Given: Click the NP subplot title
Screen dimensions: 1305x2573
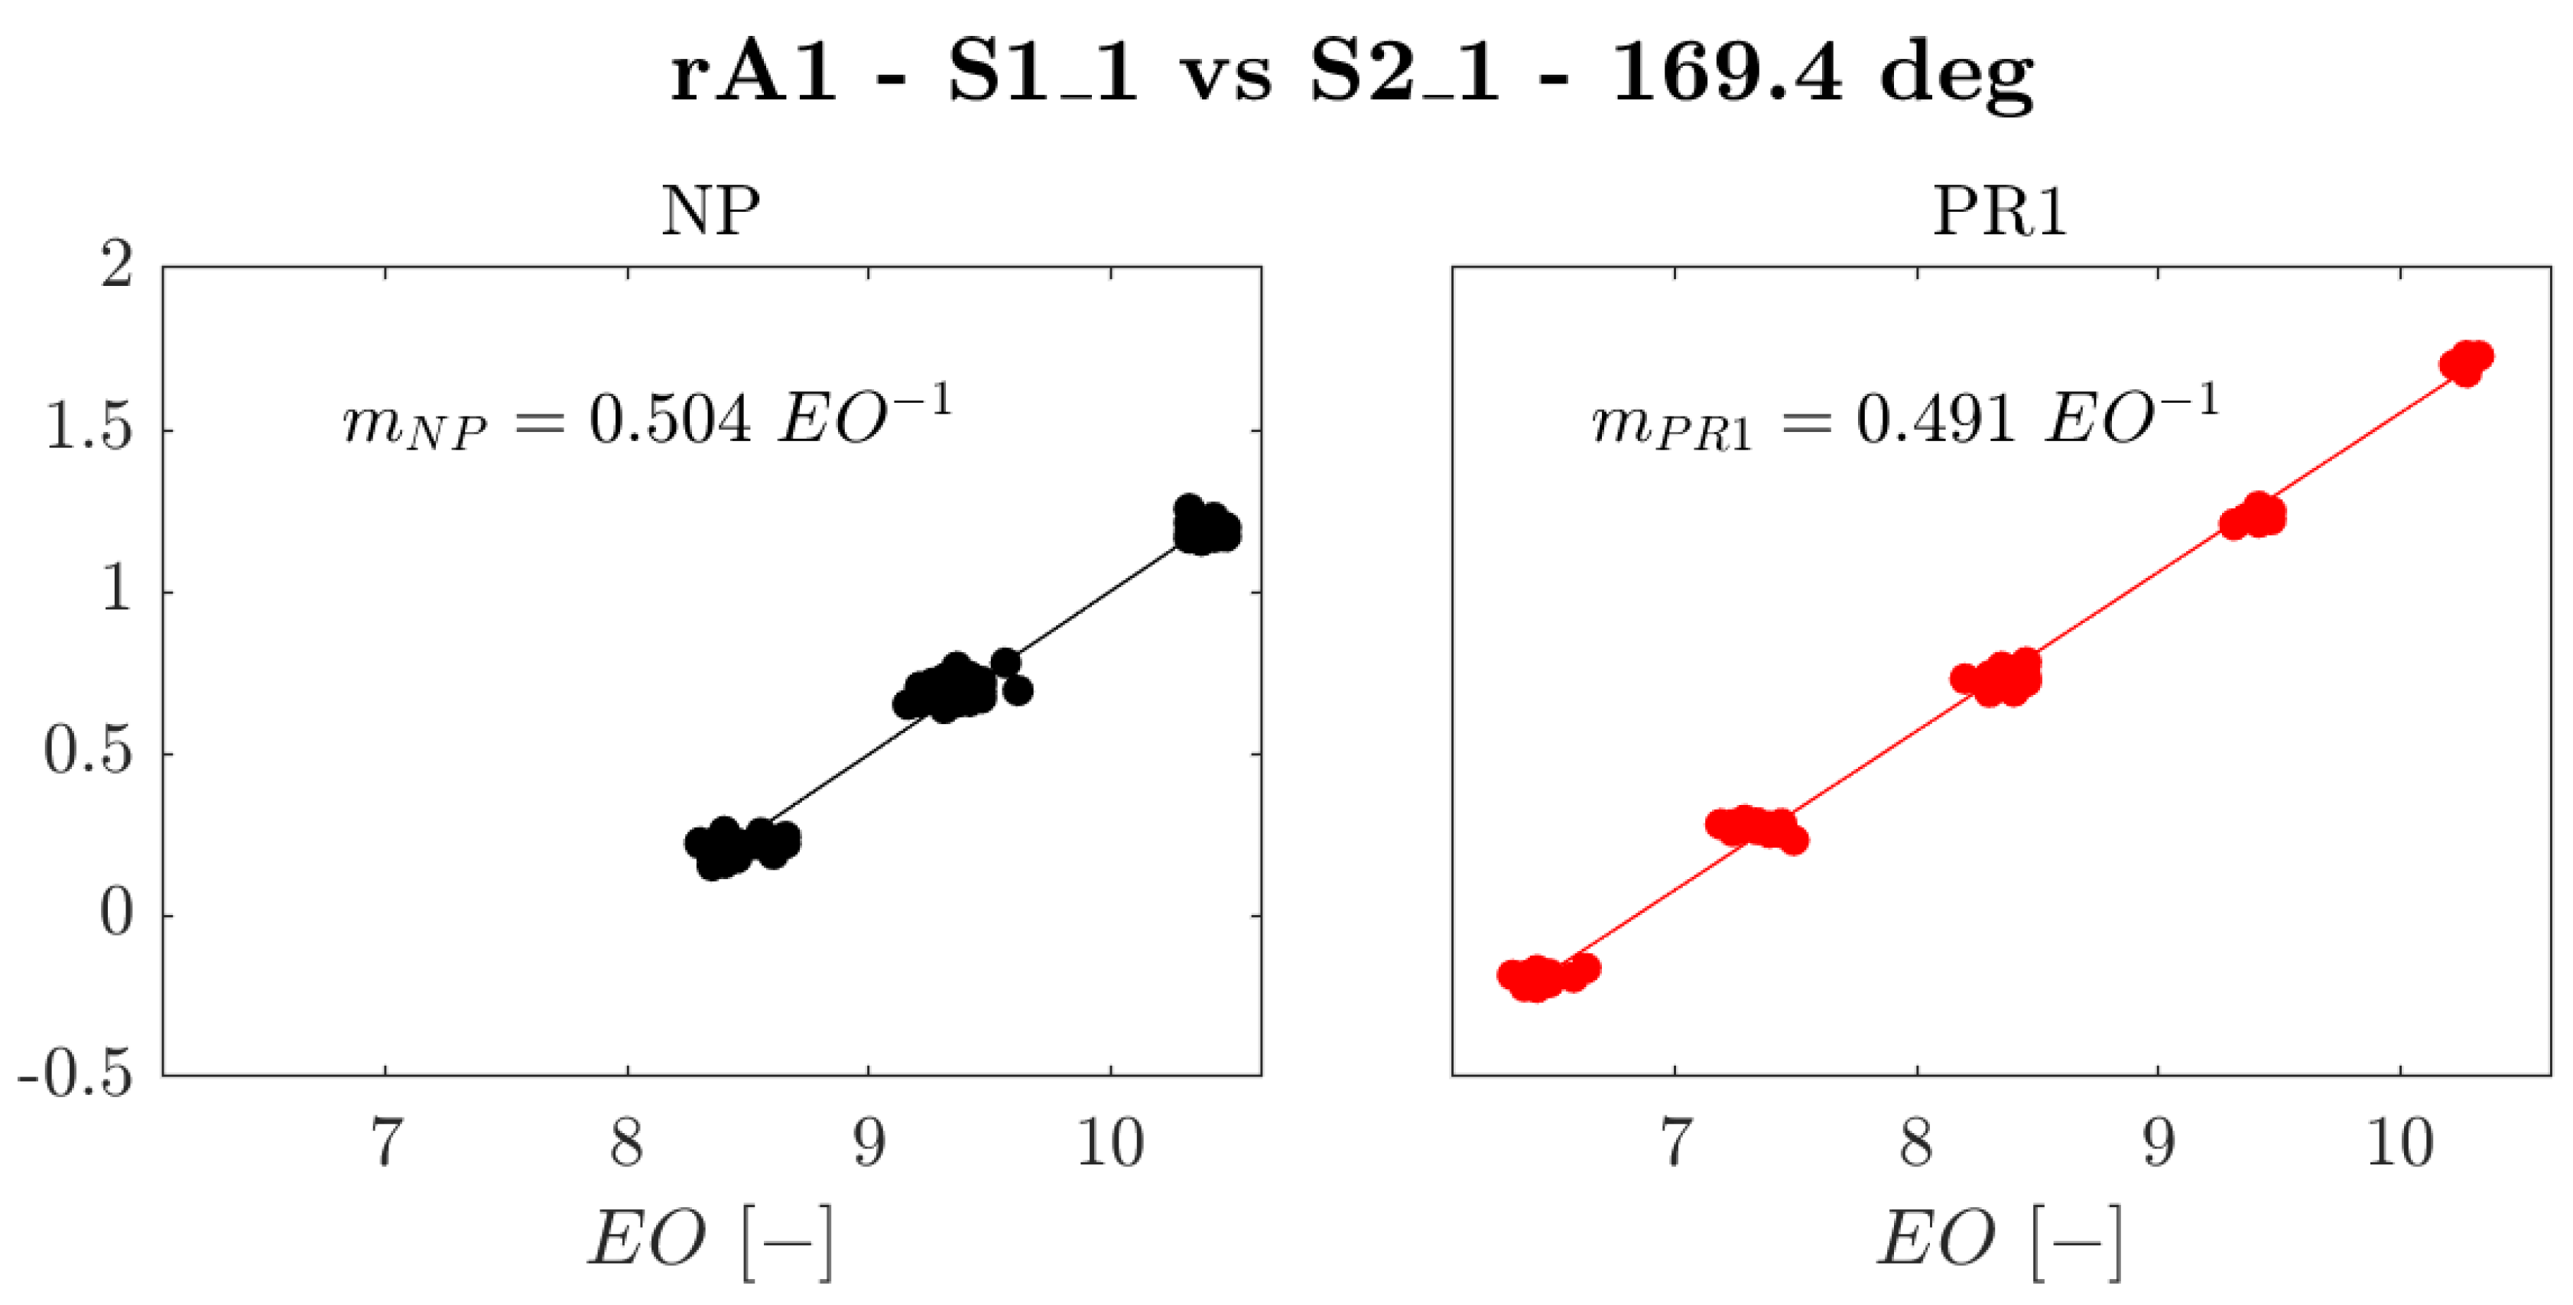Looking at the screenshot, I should pos(710,211).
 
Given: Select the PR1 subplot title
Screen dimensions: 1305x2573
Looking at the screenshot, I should pos(2000,211).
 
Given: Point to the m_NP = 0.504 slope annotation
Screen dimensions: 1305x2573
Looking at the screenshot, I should pos(647,417).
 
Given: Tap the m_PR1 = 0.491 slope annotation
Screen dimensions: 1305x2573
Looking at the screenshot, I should pos(1904,417).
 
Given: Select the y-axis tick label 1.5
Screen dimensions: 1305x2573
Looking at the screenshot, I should pos(88,430).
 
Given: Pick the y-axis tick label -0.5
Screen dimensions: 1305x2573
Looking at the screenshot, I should pos(75,1076).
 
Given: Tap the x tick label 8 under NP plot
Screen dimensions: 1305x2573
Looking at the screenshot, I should pos(626,1142).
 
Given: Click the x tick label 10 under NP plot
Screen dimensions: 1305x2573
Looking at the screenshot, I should pos(1109,1142).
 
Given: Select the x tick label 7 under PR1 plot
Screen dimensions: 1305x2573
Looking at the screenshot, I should pos(1675,1142).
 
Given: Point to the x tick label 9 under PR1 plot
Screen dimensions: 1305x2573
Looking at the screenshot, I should pos(2159,1142).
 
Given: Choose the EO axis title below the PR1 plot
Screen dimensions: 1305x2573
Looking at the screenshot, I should pos(2000,1240).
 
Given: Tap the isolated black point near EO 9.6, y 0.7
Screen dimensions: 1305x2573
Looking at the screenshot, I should pos(1018,689).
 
